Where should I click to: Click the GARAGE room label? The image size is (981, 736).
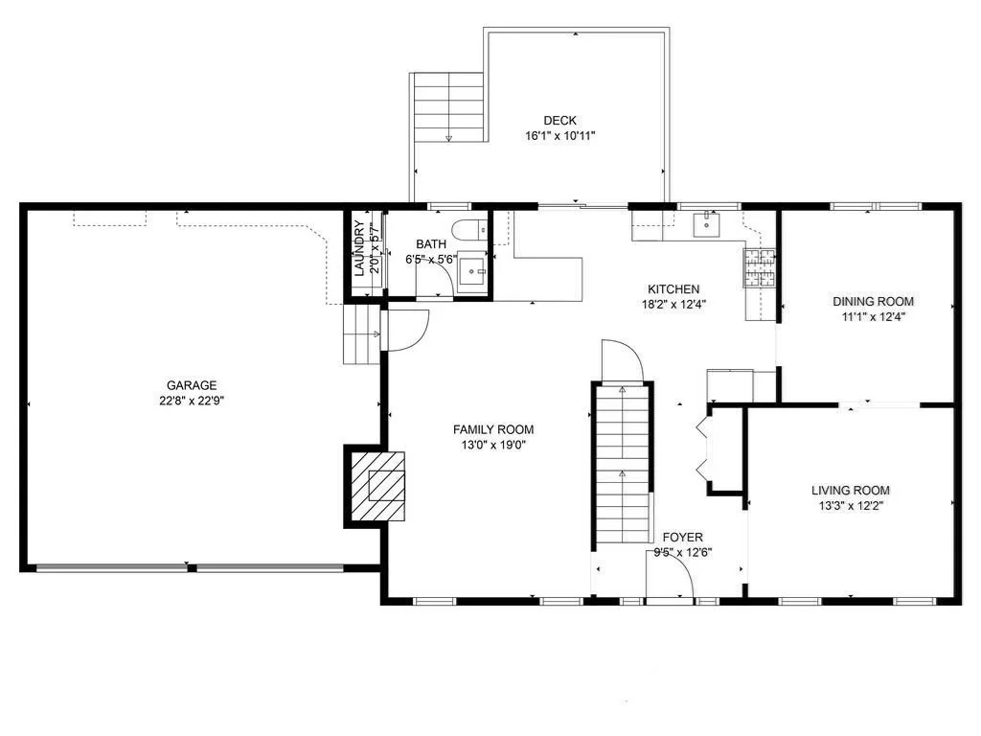click(192, 385)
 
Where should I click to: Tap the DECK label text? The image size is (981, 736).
click(559, 121)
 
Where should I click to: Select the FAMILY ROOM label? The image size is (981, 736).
click(493, 429)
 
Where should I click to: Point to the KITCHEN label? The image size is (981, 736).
click(673, 289)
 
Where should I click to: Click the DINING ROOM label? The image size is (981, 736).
click(873, 301)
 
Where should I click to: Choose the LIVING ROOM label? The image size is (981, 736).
click(851, 490)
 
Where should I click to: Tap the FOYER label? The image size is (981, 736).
click(682, 537)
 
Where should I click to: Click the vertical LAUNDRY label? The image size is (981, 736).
click(359, 248)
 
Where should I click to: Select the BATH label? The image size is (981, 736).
click(431, 244)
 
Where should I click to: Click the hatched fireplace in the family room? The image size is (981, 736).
click(377, 486)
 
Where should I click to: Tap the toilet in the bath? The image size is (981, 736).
click(469, 230)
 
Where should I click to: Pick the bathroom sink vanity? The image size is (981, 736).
click(472, 272)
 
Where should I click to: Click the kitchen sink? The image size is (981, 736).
click(706, 224)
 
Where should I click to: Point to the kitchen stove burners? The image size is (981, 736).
click(759, 267)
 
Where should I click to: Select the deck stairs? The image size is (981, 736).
click(448, 107)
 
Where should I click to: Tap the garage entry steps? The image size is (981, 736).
click(361, 334)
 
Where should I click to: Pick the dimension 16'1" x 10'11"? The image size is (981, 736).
click(559, 136)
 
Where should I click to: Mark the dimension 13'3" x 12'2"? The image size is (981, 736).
click(851, 506)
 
